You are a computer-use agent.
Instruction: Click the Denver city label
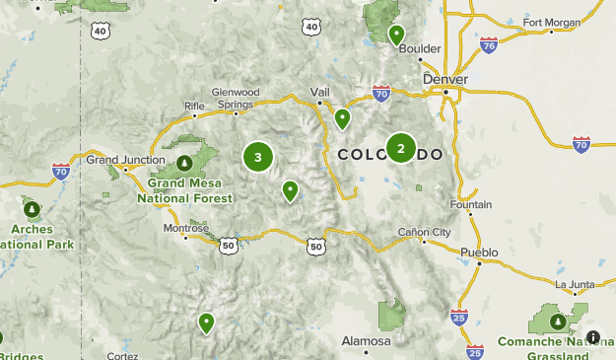(445, 79)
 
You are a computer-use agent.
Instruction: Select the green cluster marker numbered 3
(257, 157)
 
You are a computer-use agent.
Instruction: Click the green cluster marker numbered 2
(400, 148)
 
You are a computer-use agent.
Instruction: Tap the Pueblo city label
(479, 252)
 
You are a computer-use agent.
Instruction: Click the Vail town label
(319, 91)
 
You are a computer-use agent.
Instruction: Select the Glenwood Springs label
(237, 98)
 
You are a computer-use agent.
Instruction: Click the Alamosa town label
(367, 340)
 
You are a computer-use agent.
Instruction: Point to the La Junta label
(576, 286)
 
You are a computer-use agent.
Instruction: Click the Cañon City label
(424, 233)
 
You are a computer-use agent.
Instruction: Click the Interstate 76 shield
(489, 43)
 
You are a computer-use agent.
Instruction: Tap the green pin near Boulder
(396, 36)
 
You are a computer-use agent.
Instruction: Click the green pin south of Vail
(342, 119)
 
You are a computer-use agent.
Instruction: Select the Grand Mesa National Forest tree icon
(183, 162)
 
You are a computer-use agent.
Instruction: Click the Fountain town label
(470, 205)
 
